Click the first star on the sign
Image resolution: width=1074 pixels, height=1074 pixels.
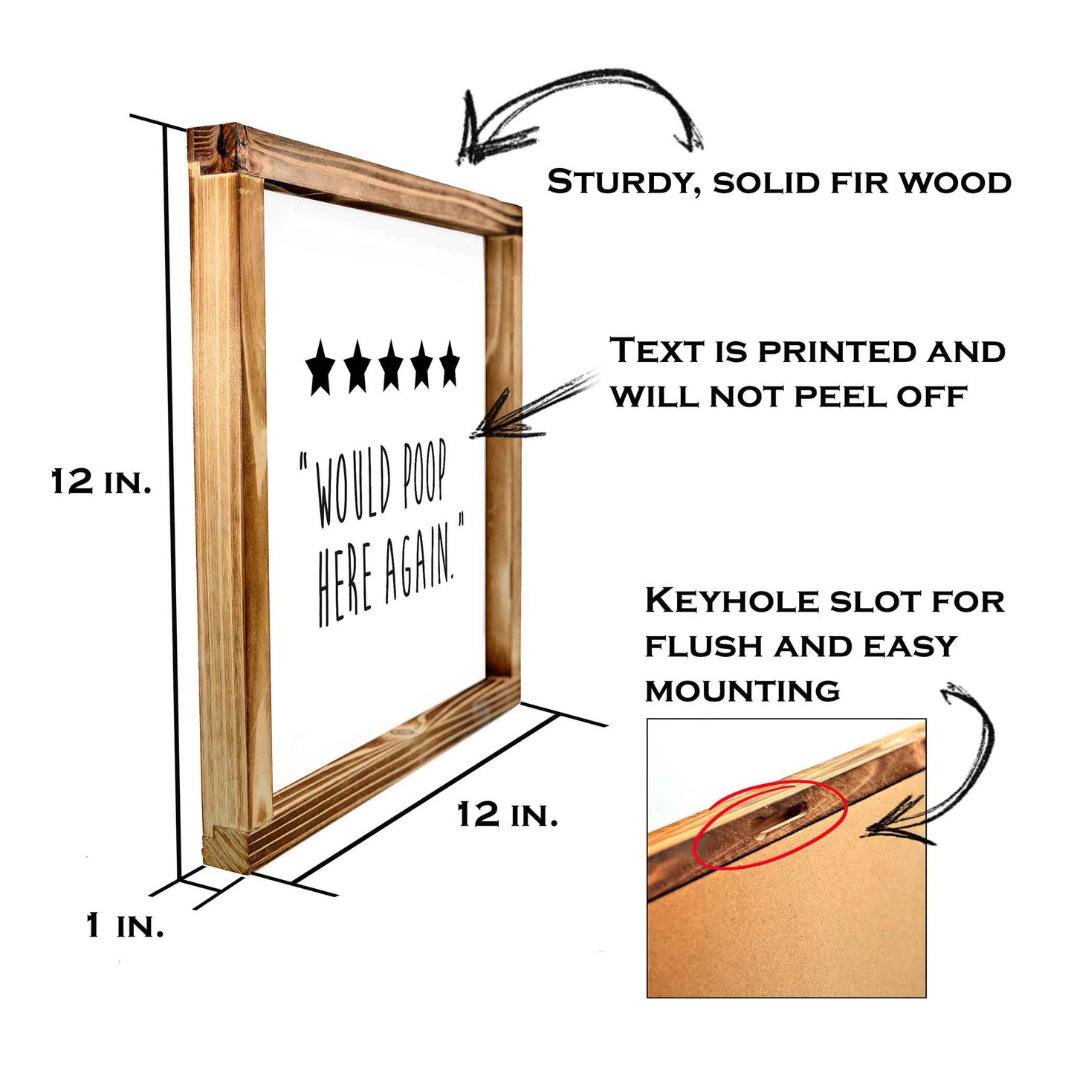(x=320, y=367)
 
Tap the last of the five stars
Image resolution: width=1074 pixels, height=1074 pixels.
(x=449, y=364)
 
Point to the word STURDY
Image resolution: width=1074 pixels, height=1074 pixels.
(x=621, y=182)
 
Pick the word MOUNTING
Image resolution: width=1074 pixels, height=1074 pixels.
(x=742, y=691)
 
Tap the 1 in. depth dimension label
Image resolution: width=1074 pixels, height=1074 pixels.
(x=124, y=926)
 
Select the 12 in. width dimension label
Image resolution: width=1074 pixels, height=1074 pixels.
(x=507, y=815)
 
